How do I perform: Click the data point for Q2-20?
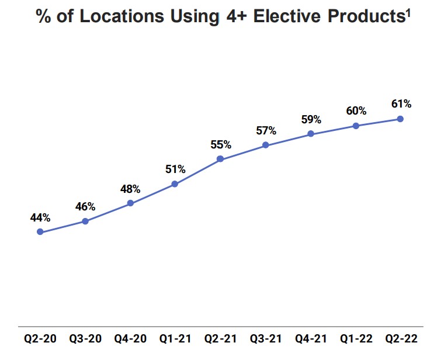[x=40, y=232]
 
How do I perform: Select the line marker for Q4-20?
[x=130, y=203]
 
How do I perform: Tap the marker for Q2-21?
[x=220, y=158]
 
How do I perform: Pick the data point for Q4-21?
[x=311, y=134]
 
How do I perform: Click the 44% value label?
[x=40, y=217]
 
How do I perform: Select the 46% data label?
[x=85, y=206]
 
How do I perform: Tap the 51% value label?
[x=175, y=169]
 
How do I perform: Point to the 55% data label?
[x=220, y=144]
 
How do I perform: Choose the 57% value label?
[x=266, y=130]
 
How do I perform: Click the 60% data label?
[x=356, y=111]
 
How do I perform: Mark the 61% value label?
[x=401, y=104]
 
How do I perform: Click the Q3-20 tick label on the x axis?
[x=85, y=338]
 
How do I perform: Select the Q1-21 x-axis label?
[x=175, y=338]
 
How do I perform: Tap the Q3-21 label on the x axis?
[x=266, y=338]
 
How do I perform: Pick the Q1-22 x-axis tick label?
[x=356, y=338]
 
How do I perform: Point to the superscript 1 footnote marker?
[x=407, y=11]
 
